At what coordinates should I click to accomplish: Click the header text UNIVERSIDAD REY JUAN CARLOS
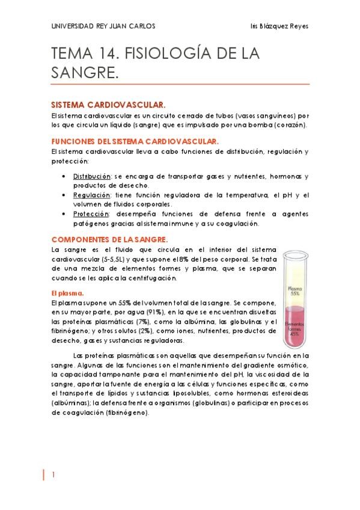(103, 26)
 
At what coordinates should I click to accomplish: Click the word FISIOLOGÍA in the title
(172, 55)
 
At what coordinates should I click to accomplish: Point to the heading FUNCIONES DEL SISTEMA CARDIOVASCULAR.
(135, 141)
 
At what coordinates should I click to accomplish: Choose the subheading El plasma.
(67, 293)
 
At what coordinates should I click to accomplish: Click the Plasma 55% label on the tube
(294, 291)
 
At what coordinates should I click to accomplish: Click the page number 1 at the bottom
(53, 475)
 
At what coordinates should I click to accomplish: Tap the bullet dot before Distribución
(64, 177)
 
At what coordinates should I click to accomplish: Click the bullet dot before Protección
(64, 215)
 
